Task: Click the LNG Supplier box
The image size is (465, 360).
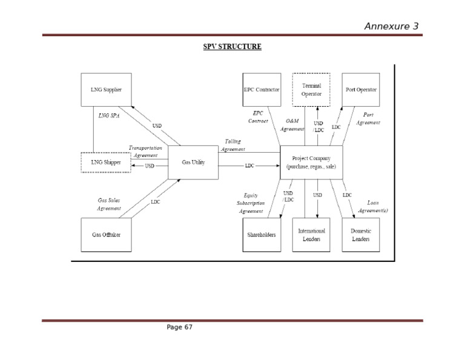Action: click(106, 90)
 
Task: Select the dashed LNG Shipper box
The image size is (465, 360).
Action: click(106, 162)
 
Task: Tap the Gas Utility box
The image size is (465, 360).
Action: click(193, 162)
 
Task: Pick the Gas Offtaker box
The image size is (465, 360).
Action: click(106, 235)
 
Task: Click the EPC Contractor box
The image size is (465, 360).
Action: click(261, 90)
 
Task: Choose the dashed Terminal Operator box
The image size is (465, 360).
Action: click(311, 90)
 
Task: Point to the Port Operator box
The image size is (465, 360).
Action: click(361, 90)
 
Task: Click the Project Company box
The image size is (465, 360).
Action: click(311, 162)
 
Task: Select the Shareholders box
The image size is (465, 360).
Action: click(261, 235)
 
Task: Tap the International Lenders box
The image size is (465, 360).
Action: click(311, 235)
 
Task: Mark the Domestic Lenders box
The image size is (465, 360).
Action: click(361, 235)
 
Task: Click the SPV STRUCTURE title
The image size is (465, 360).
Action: click(232, 47)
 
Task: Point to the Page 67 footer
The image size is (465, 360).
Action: click(179, 327)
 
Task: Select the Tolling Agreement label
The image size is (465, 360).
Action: click(232, 145)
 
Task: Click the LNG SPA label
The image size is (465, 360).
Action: click(109, 115)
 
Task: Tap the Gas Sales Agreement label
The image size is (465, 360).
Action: click(109, 204)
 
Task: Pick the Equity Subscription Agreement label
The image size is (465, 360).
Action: click(251, 203)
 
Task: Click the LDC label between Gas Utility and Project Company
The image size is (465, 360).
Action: click(249, 166)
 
